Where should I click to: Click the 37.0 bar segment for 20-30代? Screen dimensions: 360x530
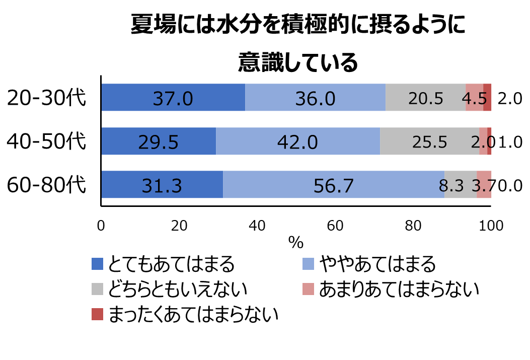tap(173, 98)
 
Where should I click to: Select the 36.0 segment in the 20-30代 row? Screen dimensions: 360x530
tap(315, 98)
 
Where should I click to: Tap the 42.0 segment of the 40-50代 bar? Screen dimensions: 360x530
tap(297, 141)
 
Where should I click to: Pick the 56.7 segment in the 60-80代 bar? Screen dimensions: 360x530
tap(334, 185)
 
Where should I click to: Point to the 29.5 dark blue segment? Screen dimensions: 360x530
tap(159, 141)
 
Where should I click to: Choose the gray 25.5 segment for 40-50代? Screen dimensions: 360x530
tap(429, 141)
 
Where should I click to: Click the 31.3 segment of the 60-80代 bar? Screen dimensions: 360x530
tap(162, 185)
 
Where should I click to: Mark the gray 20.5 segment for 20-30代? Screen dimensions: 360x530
tap(425, 98)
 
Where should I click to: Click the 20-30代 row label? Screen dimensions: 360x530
tap(47, 98)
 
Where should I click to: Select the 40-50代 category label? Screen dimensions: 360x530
tap(47, 141)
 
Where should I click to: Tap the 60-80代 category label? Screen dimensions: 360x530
tap(47, 185)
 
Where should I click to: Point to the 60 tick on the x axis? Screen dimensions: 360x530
tap(335, 227)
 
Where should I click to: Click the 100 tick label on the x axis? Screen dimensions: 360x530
tap(491, 227)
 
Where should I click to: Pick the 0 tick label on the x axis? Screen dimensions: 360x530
tap(101, 227)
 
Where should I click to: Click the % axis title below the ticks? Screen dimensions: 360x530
tap(296, 243)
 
